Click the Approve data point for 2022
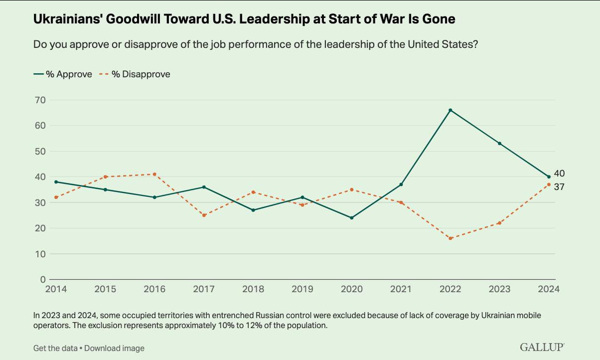(450, 110)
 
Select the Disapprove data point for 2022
(450, 238)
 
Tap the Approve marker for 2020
(351, 218)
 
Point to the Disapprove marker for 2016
(154, 174)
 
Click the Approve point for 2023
(499, 143)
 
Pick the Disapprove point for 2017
(203, 215)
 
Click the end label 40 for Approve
(559, 173)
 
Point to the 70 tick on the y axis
(40, 100)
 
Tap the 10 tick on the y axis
(40, 254)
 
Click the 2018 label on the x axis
(253, 289)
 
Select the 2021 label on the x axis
(401, 289)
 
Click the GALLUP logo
(542, 347)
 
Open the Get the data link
(54, 348)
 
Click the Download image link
(114, 348)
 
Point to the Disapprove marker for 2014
(56, 197)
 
